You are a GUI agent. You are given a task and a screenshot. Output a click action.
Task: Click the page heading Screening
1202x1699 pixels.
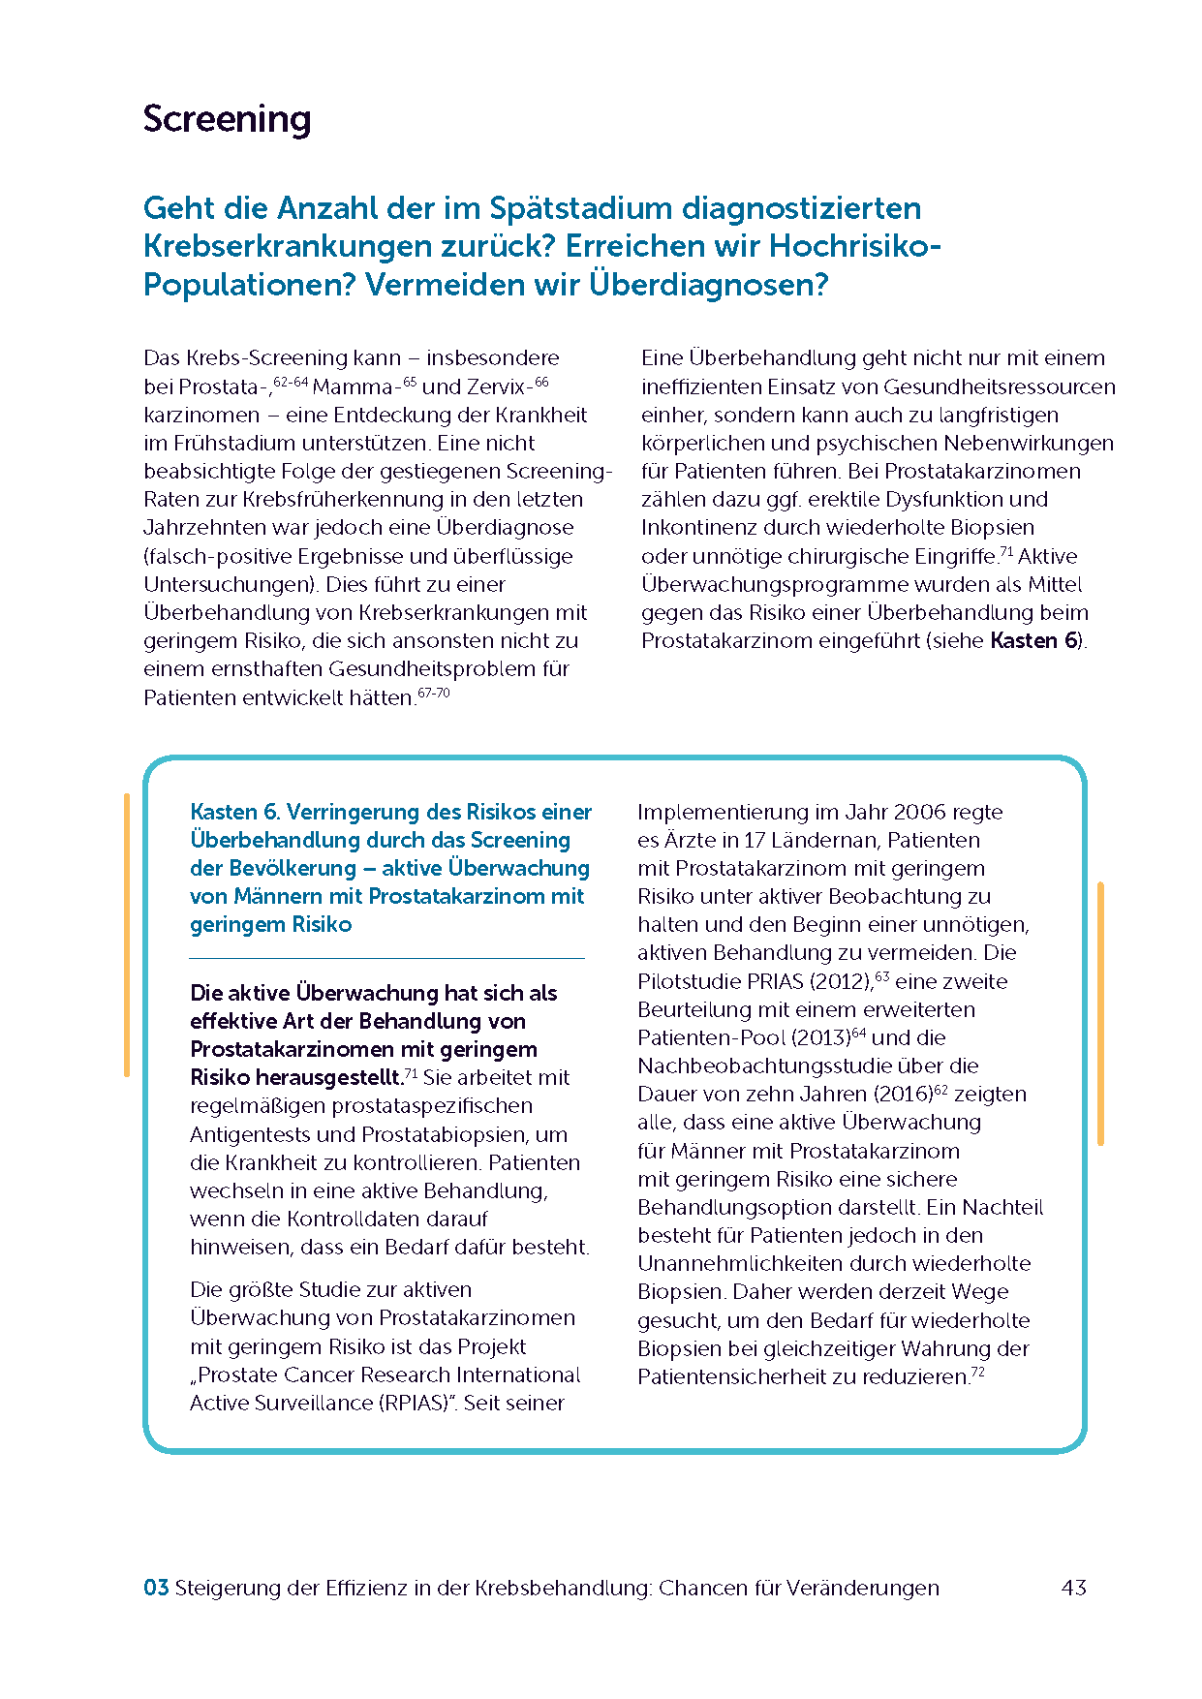(227, 119)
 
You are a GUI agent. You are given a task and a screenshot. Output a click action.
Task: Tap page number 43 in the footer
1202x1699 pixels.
(1073, 1588)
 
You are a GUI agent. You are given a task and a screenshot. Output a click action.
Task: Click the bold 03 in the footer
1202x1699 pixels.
(156, 1588)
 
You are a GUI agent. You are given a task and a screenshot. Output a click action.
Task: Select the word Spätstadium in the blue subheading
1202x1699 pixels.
(580, 208)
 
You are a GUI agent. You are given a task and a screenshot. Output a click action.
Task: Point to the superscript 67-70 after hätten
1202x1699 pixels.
(434, 694)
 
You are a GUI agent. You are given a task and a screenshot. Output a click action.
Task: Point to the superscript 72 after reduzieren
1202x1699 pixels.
(977, 1373)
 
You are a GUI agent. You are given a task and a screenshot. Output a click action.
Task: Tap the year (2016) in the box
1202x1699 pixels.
(903, 1095)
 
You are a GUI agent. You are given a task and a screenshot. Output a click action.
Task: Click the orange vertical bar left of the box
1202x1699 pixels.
(127, 935)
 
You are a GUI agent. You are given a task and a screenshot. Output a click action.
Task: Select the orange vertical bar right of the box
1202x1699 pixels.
(1100, 1013)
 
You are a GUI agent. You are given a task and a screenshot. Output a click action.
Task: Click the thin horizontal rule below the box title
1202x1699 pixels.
(386, 958)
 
